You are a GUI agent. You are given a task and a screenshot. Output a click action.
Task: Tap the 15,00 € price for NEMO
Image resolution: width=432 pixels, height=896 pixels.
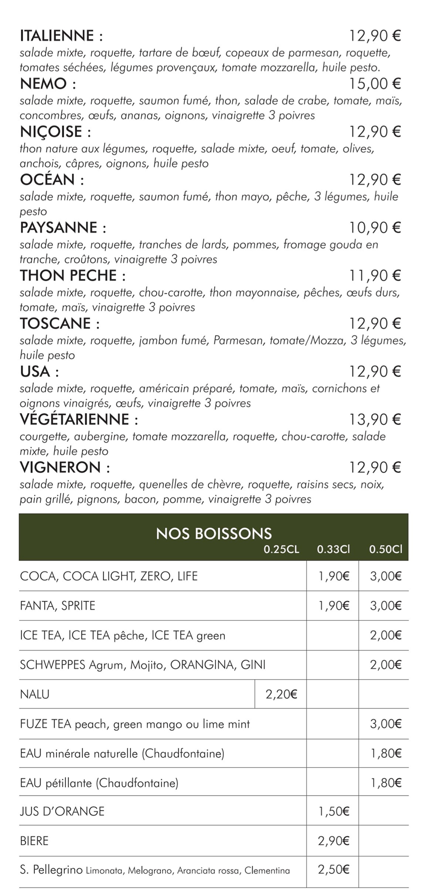375,84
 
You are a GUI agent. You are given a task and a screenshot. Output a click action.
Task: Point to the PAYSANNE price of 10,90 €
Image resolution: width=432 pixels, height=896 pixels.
375,228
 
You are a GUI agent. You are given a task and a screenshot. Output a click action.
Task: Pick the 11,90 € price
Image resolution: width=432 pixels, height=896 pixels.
375,276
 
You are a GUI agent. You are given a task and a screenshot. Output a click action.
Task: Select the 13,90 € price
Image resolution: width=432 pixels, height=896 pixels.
375,419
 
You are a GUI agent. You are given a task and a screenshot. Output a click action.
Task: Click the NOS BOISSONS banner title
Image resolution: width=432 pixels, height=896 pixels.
214,534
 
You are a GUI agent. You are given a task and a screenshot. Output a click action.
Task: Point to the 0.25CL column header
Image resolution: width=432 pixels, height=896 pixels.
281,550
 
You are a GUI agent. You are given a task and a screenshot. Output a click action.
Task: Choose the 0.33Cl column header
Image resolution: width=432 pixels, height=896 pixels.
333,550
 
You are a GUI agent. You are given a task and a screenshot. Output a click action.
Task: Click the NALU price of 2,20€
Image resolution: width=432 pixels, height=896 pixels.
281,694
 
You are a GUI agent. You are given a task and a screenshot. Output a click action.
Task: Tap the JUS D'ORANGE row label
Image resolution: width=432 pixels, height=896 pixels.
62,811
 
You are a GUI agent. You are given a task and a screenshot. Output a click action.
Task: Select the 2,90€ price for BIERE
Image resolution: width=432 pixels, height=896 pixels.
333,841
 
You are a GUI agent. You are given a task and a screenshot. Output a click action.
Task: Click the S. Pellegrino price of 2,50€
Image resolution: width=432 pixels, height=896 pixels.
333,870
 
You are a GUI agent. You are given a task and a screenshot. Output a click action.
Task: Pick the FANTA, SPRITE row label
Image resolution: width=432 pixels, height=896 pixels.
58,606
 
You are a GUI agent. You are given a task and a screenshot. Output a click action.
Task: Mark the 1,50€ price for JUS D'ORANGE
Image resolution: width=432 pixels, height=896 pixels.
333,811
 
